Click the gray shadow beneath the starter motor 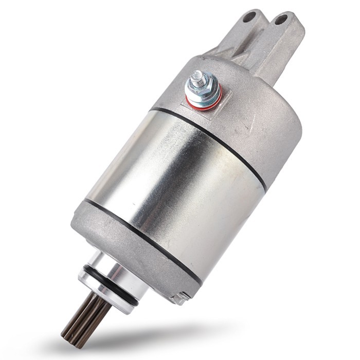pos(154,334)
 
